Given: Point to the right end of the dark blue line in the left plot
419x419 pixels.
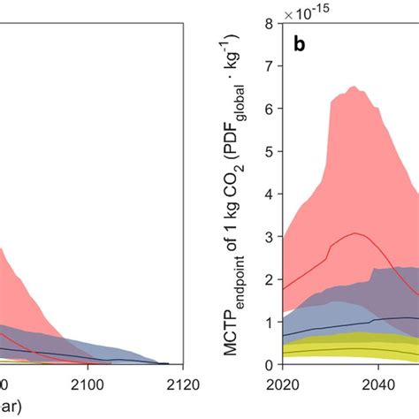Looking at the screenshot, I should tap(168, 362).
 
